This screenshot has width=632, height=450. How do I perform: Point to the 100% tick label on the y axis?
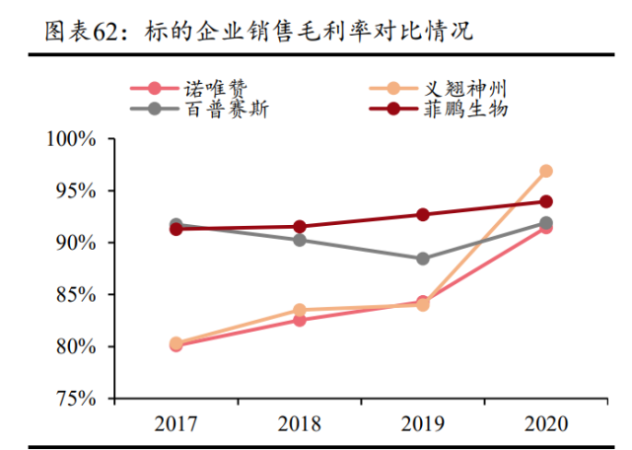(x=71, y=139)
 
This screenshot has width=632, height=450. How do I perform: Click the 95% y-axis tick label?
(x=76, y=190)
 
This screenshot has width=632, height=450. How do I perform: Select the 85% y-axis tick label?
(x=76, y=295)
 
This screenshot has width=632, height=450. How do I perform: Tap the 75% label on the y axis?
(x=76, y=399)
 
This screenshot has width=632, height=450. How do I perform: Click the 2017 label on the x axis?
(x=176, y=423)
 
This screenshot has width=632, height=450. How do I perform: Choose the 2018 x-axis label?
(x=300, y=423)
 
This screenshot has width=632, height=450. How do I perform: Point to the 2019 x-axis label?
(x=423, y=423)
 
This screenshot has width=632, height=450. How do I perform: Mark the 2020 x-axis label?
(x=545, y=423)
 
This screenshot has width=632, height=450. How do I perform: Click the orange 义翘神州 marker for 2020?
(x=545, y=172)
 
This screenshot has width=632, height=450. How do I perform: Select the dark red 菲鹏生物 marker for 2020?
(x=545, y=201)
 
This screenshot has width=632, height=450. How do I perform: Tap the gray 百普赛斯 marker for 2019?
(x=423, y=259)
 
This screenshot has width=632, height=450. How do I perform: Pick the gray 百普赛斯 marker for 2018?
(x=300, y=240)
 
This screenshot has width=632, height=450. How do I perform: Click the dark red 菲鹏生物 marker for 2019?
(x=423, y=214)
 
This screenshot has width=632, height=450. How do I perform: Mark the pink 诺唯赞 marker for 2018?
(x=300, y=320)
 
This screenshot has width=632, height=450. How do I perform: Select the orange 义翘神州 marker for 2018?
(x=300, y=310)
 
